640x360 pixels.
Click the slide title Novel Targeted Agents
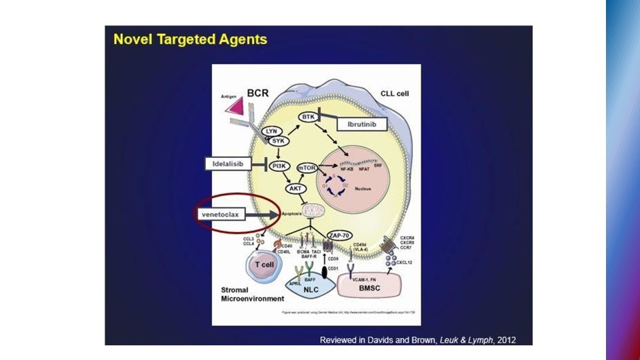point(191,39)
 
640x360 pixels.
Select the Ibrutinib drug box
point(362,125)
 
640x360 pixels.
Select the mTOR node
point(309,169)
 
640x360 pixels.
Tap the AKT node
point(295,189)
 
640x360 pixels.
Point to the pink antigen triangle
point(233,106)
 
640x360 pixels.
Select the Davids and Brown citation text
point(417,340)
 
